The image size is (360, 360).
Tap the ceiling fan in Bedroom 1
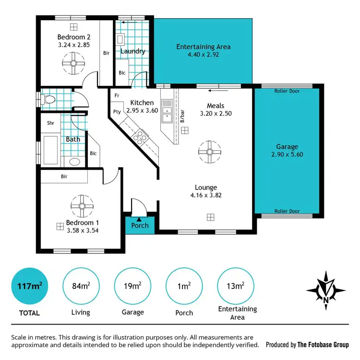[x=81, y=205]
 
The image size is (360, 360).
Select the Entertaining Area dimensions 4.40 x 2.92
[x=203, y=56]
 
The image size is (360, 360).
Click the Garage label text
[x=287, y=146]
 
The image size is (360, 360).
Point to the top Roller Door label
[x=287, y=91]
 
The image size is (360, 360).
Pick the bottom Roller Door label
[x=287, y=211]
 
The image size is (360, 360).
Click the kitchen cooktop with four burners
[x=140, y=138]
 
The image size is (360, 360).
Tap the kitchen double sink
[x=167, y=111]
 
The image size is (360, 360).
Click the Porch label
[x=140, y=226]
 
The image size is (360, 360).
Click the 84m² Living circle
[x=81, y=286]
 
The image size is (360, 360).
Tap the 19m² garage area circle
[x=132, y=286]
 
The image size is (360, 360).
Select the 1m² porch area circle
[x=183, y=286]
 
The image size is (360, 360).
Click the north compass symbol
[x=326, y=290]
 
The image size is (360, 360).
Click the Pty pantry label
[x=116, y=112]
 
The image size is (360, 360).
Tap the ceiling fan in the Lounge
[x=209, y=152]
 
